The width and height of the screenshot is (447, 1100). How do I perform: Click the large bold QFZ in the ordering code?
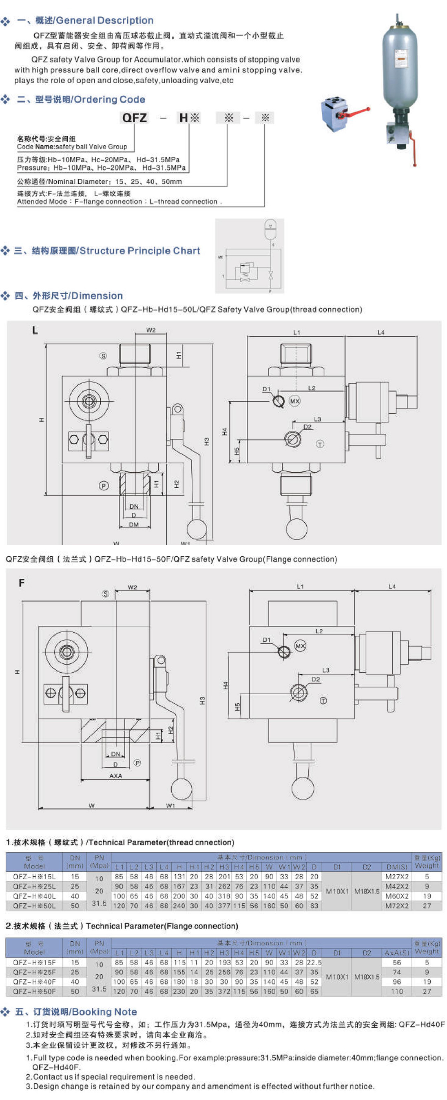[x=134, y=118]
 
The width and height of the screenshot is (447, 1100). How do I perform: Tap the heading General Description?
[x=104, y=20]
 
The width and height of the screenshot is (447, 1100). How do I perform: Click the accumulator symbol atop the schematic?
[x=270, y=226]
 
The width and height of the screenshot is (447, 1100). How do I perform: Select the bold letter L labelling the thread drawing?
[x=35, y=330]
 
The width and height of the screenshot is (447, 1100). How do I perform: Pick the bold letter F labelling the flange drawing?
[x=22, y=583]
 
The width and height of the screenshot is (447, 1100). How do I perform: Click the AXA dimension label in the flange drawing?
[x=115, y=776]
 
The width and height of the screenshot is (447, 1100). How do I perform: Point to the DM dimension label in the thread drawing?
[x=133, y=524]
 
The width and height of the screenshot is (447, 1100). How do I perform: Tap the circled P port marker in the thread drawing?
[x=103, y=486]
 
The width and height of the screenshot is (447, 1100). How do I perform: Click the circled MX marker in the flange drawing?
[x=300, y=646]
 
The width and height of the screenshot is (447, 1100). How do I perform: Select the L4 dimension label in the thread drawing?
[x=381, y=332]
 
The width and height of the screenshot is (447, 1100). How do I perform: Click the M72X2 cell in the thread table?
[x=397, y=905]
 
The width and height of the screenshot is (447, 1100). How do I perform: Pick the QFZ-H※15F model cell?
[x=34, y=962]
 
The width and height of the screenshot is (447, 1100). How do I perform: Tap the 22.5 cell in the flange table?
[x=314, y=962]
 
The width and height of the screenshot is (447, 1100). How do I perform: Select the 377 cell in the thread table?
[x=224, y=905]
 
